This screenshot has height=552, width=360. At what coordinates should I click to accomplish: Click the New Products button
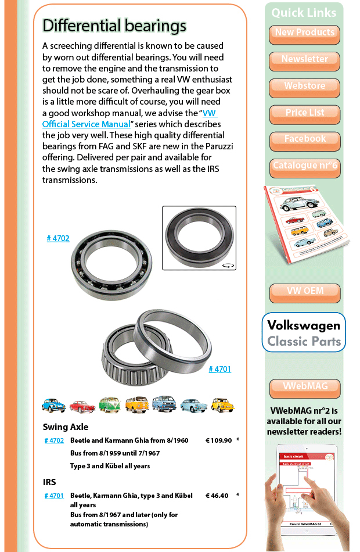tap(304, 34)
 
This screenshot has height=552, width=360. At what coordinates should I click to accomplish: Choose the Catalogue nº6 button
tap(304, 167)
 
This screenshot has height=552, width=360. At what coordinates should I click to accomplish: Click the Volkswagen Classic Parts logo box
tap(304, 332)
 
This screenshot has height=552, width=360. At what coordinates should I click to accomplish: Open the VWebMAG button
tap(305, 388)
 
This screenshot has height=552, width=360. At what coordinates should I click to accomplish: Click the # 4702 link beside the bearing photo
tap(58, 238)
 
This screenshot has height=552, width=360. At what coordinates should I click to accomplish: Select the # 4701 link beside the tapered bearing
tap(219, 369)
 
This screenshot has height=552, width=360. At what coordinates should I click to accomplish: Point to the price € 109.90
tap(218, 440)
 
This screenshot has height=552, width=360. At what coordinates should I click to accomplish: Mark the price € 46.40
tap(217, 496)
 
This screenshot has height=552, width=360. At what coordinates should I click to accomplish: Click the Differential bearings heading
tap(114, 26)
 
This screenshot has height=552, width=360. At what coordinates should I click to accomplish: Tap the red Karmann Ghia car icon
tap(82, 405)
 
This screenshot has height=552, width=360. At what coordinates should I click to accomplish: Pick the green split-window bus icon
tap(109, 404)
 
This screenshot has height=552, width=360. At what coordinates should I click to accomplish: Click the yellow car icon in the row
tap(222, 404)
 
